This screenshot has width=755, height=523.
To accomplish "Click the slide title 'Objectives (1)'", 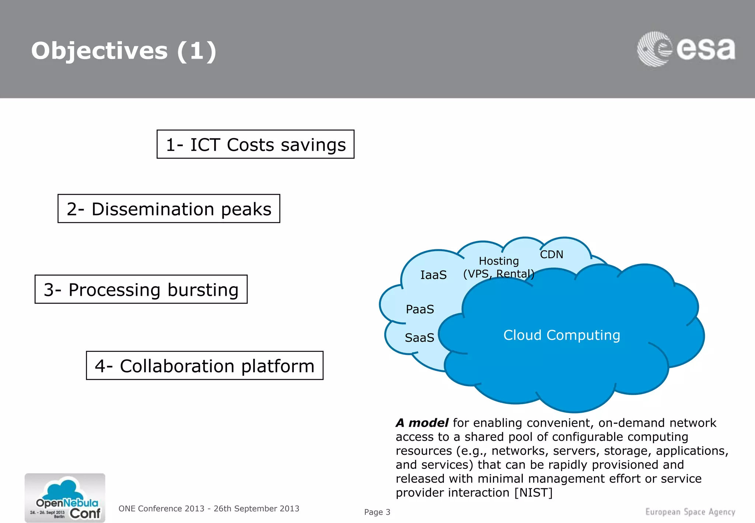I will [123, 51].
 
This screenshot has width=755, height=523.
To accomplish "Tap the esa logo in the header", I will [686, 49].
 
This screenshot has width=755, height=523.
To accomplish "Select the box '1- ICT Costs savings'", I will [255, 144].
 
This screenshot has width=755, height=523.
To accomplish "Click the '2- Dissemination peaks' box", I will [169, 209].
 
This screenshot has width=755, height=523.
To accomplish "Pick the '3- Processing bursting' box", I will [141, 290].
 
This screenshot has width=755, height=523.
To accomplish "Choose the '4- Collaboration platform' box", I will [205, 366].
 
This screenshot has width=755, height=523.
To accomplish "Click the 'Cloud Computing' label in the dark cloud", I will [561, 335].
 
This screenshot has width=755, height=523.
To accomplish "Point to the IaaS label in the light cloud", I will [433, 275].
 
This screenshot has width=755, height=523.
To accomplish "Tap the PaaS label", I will [420, 309].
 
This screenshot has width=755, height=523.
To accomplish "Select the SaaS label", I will [419, 337].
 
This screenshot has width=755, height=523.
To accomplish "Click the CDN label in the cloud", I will [552, 254].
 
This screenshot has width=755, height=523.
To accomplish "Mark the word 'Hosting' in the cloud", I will [498, 261].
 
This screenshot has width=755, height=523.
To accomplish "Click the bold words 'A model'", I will [422, 423].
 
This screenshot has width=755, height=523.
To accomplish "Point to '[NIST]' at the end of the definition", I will [533, 492].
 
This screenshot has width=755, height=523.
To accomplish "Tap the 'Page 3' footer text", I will [377, 512].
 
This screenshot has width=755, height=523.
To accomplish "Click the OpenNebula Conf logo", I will [65, 498].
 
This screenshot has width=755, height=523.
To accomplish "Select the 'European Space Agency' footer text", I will [690, 512].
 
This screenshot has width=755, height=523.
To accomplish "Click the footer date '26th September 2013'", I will [256, 509].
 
